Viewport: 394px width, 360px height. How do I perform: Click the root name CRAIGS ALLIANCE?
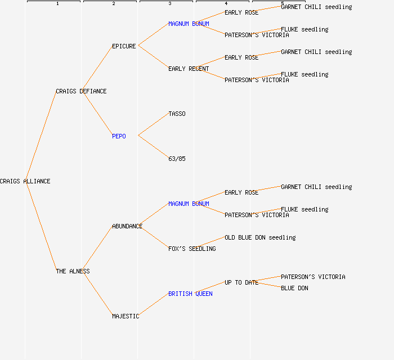click(25, 181)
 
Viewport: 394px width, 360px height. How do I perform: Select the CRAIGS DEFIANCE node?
click(81, 91)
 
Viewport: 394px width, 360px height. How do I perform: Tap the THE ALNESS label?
click(73, 271)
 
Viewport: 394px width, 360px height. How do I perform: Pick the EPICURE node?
click(124, 46)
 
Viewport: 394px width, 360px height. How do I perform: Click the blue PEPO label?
click(119, 136)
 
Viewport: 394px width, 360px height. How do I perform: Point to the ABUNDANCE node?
click(127, 226)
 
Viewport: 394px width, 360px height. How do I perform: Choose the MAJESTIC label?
click(126, 316)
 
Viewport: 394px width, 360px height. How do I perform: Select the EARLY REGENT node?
click(189, 69)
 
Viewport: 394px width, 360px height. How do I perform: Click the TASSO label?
click(177, 114)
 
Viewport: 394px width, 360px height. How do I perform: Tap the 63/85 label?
click(177, 159)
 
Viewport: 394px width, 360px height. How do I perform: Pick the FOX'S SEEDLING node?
click(192, 249)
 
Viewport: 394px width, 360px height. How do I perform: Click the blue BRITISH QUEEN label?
click(190, 294)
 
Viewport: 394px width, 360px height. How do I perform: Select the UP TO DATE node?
click(241, 282)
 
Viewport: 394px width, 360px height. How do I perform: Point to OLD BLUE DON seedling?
click(260, 237)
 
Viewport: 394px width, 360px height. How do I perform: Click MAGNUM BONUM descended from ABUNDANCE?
click(189, 204)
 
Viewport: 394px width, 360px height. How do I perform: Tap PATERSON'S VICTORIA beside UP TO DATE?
click(313, 277)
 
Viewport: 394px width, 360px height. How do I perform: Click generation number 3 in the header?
click(169, 3)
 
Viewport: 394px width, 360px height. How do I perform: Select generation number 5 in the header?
click(282, 3)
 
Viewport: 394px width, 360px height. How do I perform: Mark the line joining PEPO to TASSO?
click(153, 125)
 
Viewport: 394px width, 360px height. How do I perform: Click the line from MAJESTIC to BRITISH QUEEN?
click(153, 305)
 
